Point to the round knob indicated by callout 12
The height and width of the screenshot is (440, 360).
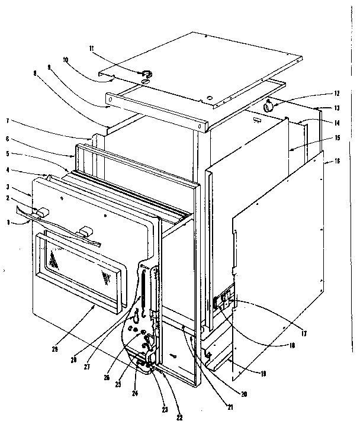click(x=269, y=106)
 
